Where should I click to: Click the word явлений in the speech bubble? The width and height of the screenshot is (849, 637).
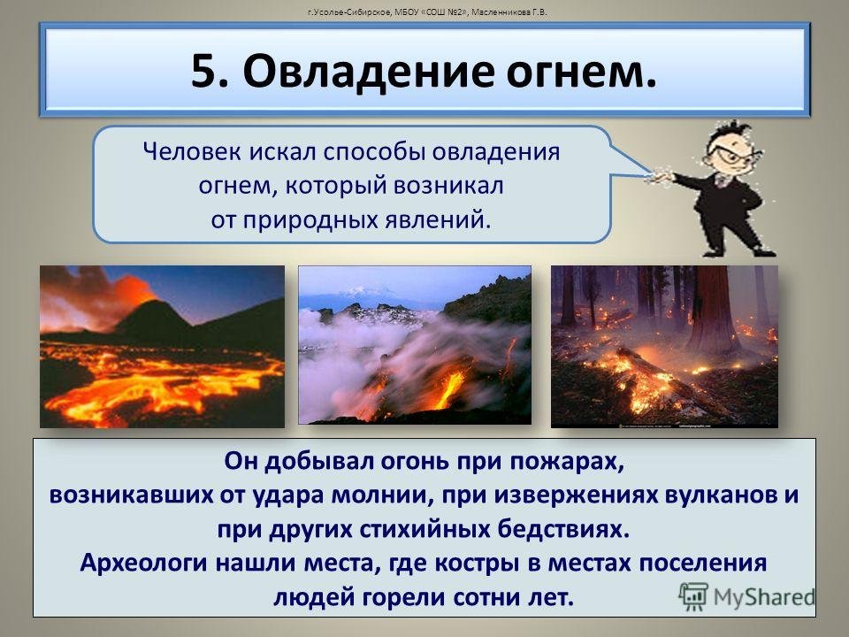(437, 219)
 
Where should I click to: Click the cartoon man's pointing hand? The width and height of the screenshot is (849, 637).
(661, 177)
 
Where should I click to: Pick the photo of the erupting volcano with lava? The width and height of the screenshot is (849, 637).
(162, 347)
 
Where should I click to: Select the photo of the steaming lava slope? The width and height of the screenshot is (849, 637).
(415, 345)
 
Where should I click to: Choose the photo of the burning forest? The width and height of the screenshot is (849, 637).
(664, 347)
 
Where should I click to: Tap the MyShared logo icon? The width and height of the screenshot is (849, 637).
(693, 597)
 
